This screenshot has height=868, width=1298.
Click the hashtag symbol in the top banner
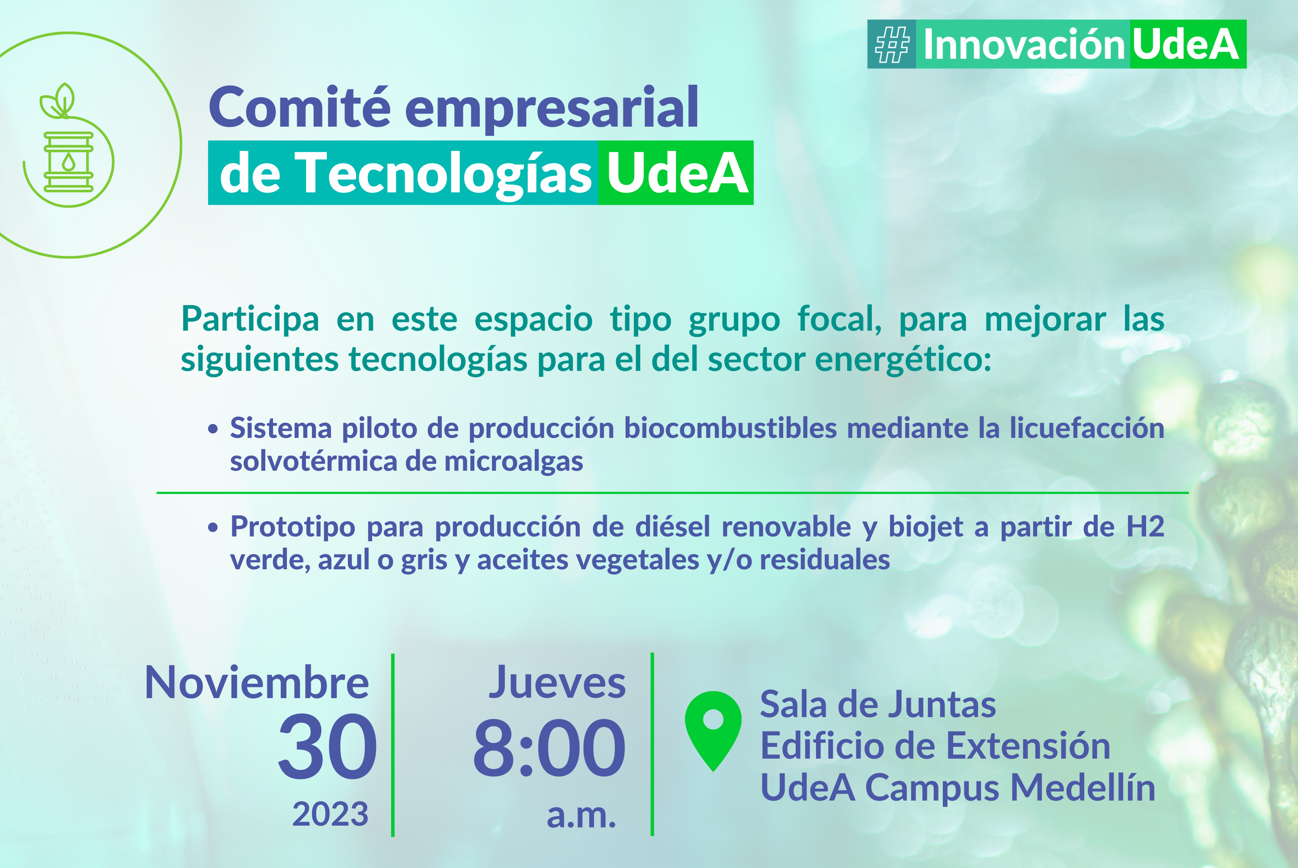[892, 44]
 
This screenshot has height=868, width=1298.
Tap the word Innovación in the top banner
[1023, 44]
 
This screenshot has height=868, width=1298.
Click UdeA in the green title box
[677, 173]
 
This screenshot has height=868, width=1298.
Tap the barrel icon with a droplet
[68, 162]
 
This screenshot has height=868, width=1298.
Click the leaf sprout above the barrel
[58, 100]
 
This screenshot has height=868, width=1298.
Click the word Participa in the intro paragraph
[251, 320]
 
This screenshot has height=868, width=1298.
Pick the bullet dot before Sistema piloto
[213, 429]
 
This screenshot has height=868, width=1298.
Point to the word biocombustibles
[731, 428]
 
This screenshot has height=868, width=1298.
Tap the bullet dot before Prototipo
[213, 527]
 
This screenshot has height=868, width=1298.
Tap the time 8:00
[549, 748]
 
